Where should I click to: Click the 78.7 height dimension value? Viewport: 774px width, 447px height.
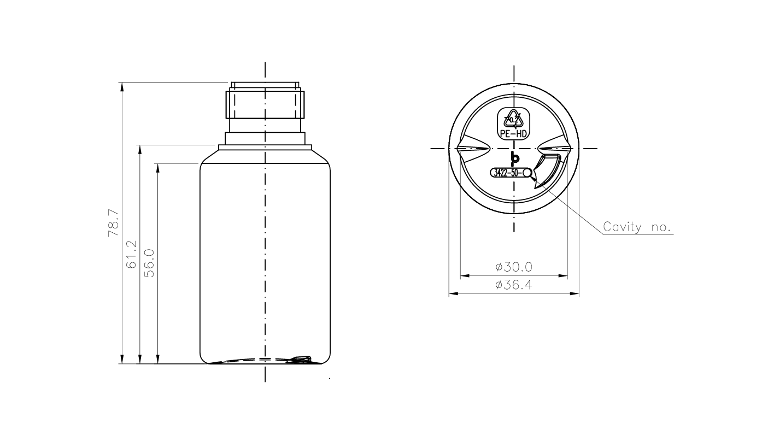coord(114,223)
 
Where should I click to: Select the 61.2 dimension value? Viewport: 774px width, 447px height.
coord(132,255)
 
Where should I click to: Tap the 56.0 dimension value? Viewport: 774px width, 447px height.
coord(149,263)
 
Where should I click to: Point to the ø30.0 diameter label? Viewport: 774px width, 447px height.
coord(514,267)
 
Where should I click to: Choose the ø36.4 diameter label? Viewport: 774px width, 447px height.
coord(514,285)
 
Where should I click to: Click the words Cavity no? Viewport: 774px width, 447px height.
coord(637,227)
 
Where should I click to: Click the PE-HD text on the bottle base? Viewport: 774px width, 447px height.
coord(513,134)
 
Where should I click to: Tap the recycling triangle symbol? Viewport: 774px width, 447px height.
coord(513,119)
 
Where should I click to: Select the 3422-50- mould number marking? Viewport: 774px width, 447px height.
coord(507,173)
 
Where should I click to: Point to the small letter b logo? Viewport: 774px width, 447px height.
coord(515,158)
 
